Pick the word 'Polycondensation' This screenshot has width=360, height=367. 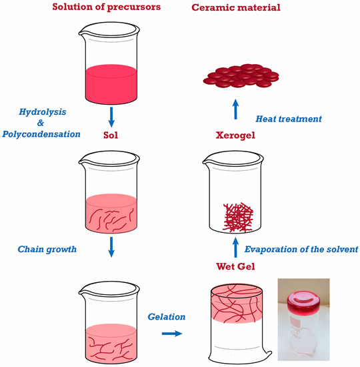41,134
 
